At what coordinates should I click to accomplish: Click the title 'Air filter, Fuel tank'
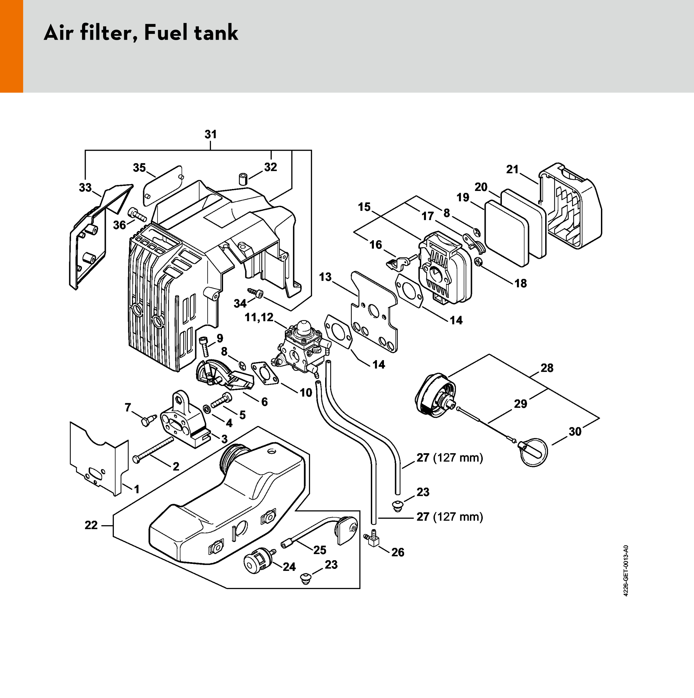click(x=141, y=33)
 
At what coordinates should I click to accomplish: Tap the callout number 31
click(x=211, y=134)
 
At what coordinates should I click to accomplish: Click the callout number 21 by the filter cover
click(x=512, y=169)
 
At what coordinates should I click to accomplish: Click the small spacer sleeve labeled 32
click(x=243, y=179)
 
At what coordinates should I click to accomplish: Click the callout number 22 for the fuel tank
click(x=91, y=525)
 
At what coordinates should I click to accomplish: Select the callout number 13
click(x=325, y=277)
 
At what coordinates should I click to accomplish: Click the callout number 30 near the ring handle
click(x=575, y=431)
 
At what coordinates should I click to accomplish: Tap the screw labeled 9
click(x=204, y=345)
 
